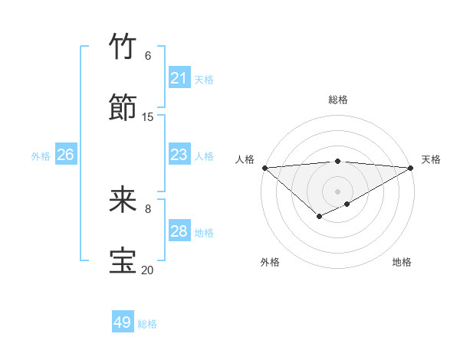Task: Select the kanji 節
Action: (123, 108)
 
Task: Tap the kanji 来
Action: (123, 200)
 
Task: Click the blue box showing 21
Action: (179, 78)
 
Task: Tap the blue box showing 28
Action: (179, 231)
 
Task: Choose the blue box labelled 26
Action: (65, 155)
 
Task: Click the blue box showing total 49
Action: (123, 322)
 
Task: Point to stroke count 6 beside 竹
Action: (148, 56)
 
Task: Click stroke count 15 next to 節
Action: (148, 117)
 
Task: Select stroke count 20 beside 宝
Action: (148, 270)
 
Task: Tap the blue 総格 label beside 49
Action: (148, 324)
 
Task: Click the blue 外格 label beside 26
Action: (41, 156)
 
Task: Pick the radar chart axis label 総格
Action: (338, 100)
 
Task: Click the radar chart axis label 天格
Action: (431, 159)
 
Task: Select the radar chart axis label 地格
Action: (402, 262)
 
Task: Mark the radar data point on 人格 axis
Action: (264, 168)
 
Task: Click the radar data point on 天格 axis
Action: (411, 168)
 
